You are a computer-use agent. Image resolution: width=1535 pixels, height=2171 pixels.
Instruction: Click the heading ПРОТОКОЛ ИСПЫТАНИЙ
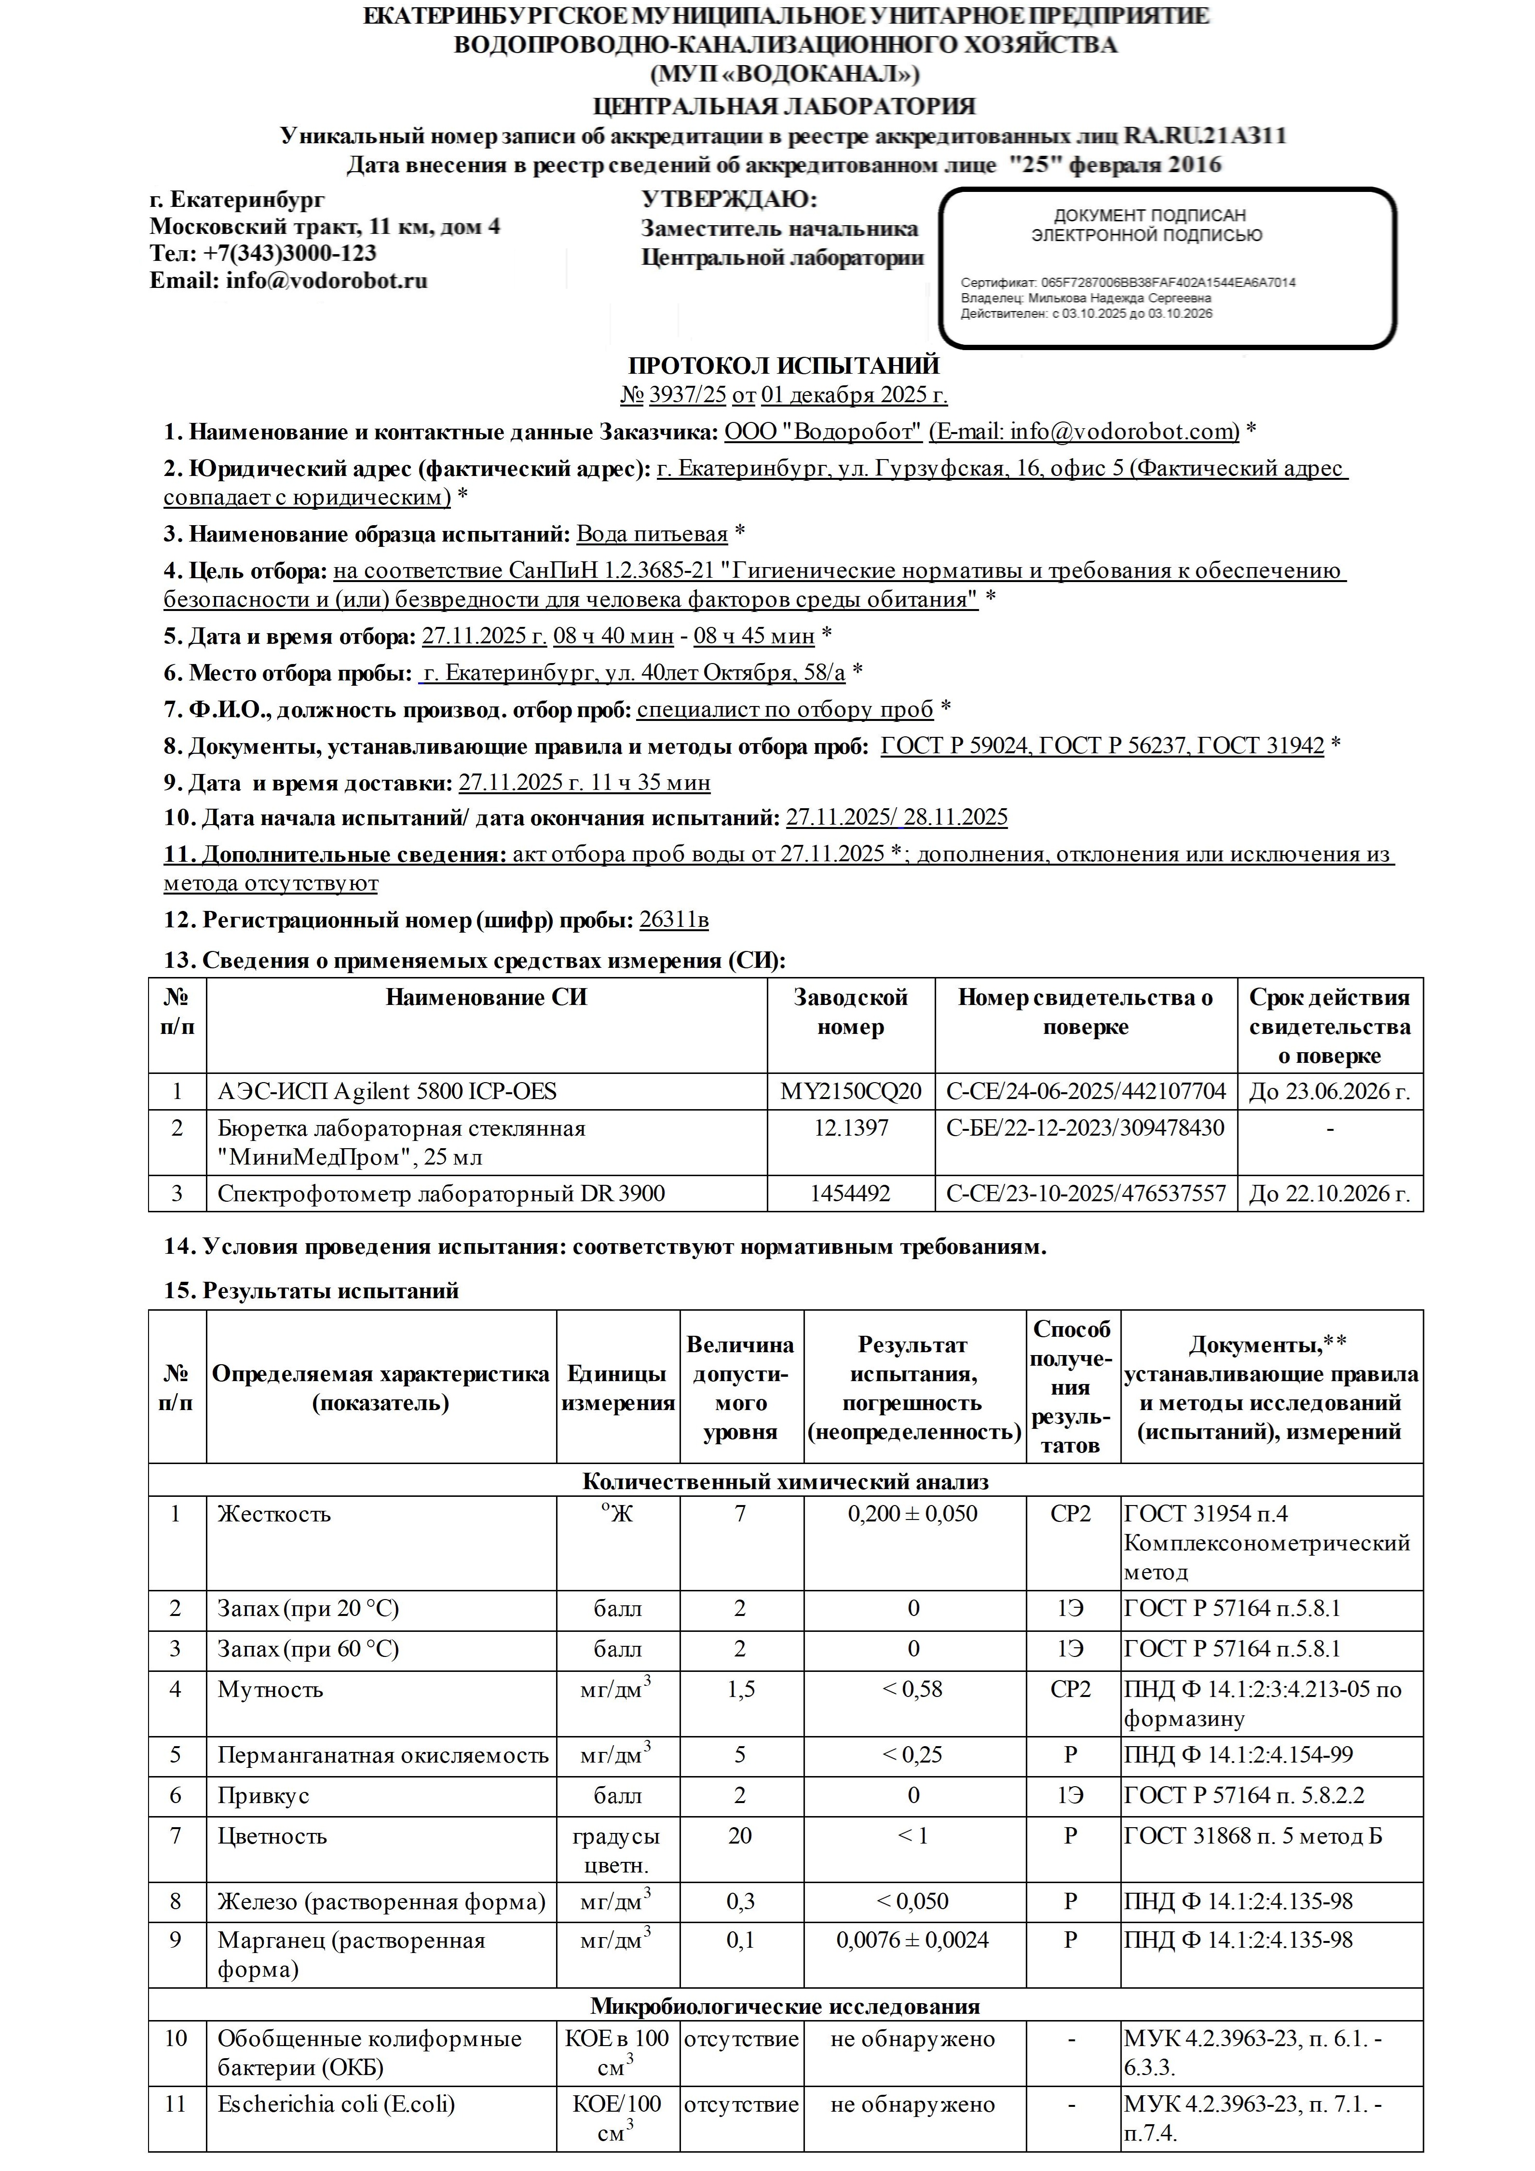click(783, 365)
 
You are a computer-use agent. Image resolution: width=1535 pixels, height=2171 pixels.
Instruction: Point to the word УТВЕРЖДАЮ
click(728, 200)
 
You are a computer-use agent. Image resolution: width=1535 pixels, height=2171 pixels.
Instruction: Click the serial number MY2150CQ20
click(850, 1091)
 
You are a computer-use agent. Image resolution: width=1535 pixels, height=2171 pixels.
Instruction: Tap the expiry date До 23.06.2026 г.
click(1329, 1091)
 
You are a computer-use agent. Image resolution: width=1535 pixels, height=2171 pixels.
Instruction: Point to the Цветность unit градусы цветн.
click(617, 1850)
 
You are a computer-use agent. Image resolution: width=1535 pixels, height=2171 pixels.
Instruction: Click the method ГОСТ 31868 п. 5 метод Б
click(1253, 1836)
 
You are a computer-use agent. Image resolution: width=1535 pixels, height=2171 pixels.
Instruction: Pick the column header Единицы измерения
click(618, 1388)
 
